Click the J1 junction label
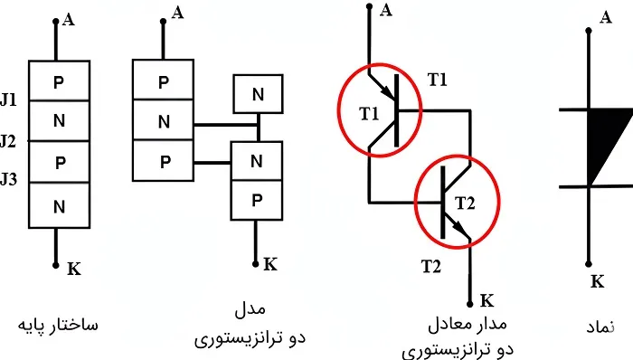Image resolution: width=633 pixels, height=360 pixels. pyautogui.click(x=9, y=100)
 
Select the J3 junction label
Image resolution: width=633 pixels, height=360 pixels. pyautogui.click(x=9, y=179)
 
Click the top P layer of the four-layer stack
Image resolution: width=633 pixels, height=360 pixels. pyautogui.click(x=59, y=81)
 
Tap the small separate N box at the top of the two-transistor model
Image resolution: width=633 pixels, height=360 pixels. pyautogui.click(x=257, y=92)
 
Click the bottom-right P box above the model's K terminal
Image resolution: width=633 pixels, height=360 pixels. pyautogui.click(x=257, y=200)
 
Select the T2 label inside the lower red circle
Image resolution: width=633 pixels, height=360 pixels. pyautogui.click(x=465, y=201)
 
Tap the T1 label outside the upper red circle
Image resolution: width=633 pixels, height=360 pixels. pyautogui.click(x=438, y=79)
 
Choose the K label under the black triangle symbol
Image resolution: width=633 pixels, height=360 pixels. pyautogui.click(x=597, y=280)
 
